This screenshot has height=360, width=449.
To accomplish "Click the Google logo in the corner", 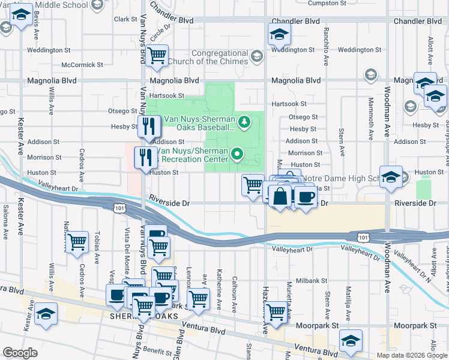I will click(20, 353).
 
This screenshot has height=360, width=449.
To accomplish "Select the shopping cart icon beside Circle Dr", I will click(157, 56).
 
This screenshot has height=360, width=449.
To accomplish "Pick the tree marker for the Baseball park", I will click(244, 123).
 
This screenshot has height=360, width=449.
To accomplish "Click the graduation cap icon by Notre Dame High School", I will click(391, 177).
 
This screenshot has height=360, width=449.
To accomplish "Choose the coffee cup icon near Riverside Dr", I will click(306, 197).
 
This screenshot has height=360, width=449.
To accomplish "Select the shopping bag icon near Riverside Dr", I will click(280, 196).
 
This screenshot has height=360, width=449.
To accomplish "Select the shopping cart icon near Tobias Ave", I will click(77, 242).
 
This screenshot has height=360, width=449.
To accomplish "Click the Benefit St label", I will click(157, 350).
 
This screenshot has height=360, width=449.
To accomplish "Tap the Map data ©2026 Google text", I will click(412, 355).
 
